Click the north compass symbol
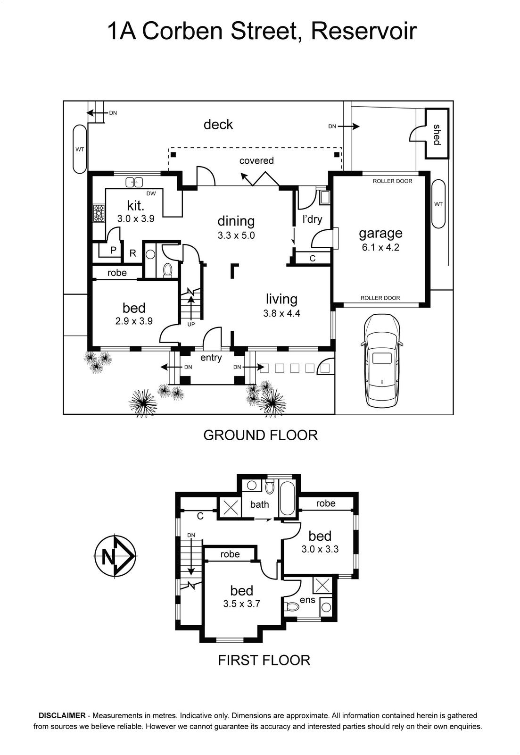115,557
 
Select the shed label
437,134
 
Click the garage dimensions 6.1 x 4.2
380,247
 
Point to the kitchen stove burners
99,213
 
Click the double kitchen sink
134,182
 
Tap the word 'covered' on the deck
256,160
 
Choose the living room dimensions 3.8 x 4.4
282,313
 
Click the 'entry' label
211,358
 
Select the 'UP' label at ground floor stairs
191,324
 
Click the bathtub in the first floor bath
287,498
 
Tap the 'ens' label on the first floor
307,600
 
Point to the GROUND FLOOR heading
260,435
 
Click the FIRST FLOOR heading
264,660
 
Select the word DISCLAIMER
62,716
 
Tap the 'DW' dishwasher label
151,193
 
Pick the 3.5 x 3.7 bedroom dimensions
242,604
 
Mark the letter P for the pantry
113,250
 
